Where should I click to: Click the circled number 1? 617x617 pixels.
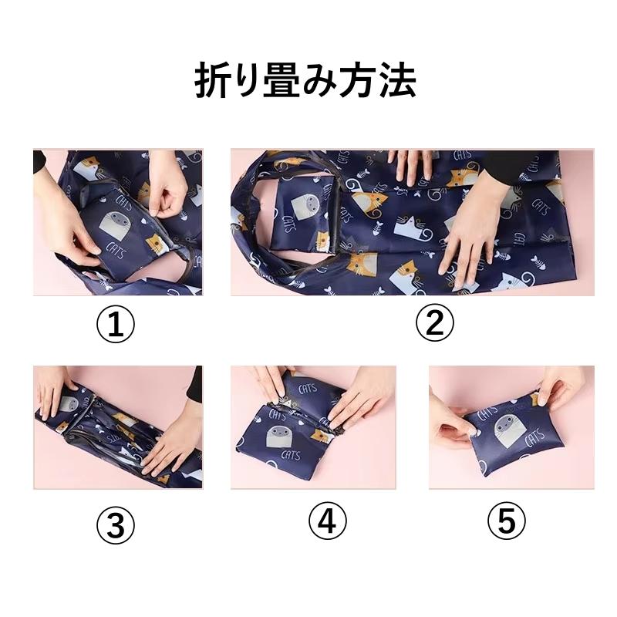pos(115,324)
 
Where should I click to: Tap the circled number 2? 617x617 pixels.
pos(434,322)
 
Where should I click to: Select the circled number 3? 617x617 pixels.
pos(115,524)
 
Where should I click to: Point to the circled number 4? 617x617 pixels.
pos(327,521)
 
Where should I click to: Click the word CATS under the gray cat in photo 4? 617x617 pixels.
pos(291,456)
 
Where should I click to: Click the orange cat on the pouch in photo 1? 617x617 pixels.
pos(157,244)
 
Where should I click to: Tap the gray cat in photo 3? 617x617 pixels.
pos(69,404)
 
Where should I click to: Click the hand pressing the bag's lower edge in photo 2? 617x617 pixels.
pos(470,231)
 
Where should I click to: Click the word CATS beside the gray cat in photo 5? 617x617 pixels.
pos(534,437)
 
